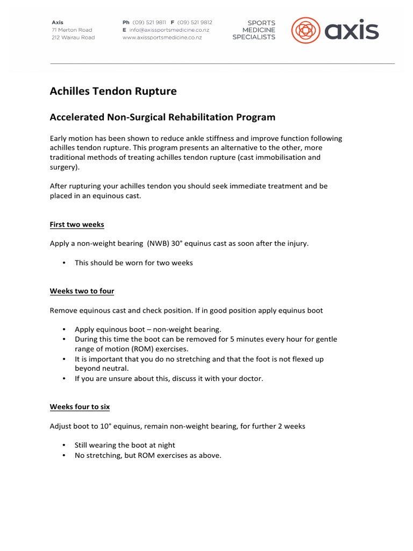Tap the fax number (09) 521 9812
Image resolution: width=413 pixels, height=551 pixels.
coord(195,23)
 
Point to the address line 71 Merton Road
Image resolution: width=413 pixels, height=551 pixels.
coord(72,30)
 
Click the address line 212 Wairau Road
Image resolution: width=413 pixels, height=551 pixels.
coord(73,38)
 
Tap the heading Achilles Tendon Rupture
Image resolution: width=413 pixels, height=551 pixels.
coord(113,91)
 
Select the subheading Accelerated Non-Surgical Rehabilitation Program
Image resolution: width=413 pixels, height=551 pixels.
coord(162,117)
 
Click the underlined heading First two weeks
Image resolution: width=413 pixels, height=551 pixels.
coord(77,224)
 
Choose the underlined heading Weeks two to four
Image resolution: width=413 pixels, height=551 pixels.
coord(82,291)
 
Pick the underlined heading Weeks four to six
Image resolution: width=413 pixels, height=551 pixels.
coord(80,407)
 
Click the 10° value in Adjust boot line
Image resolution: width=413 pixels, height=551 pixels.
coord(105,426)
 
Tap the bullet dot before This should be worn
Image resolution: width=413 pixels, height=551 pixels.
coord(64,263)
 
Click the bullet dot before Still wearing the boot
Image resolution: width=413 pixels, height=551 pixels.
coord(64,446)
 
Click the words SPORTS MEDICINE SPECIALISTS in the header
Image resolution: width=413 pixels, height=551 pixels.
coord(254,30)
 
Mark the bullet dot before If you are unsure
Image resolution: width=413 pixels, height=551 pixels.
coord(64,379)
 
